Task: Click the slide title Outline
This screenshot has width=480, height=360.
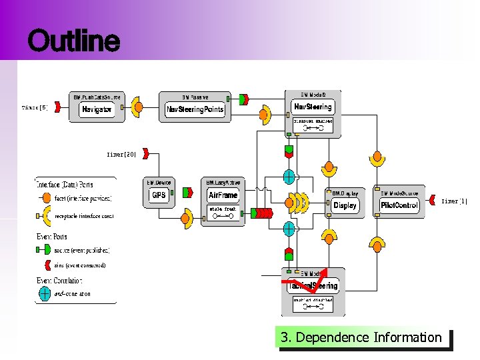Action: pos(74,41)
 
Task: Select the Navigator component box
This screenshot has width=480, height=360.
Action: pos(97,109)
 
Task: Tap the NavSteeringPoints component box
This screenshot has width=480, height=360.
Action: pos(195,109)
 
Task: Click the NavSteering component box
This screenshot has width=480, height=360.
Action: pos(313,107)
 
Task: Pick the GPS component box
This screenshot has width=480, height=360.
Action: pos(159,195)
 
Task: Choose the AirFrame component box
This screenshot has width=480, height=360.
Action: pos(223,195)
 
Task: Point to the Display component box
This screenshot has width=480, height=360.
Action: pos(345,205)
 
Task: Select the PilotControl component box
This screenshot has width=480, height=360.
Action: pos(399,205)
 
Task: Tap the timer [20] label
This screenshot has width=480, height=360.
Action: pos(121,154)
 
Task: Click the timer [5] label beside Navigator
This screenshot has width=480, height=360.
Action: pos(35,107)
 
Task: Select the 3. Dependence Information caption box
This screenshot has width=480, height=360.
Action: pos(361,338)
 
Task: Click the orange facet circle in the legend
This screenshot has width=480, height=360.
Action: pos(45,198)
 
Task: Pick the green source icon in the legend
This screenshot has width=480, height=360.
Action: pos(45,250)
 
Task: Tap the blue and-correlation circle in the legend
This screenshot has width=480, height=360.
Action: pos(45,292)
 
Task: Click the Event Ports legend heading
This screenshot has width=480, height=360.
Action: pos(52,237)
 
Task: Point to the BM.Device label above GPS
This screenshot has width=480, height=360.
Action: pos(159,182)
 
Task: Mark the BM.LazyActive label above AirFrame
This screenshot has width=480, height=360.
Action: pos(223,182)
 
